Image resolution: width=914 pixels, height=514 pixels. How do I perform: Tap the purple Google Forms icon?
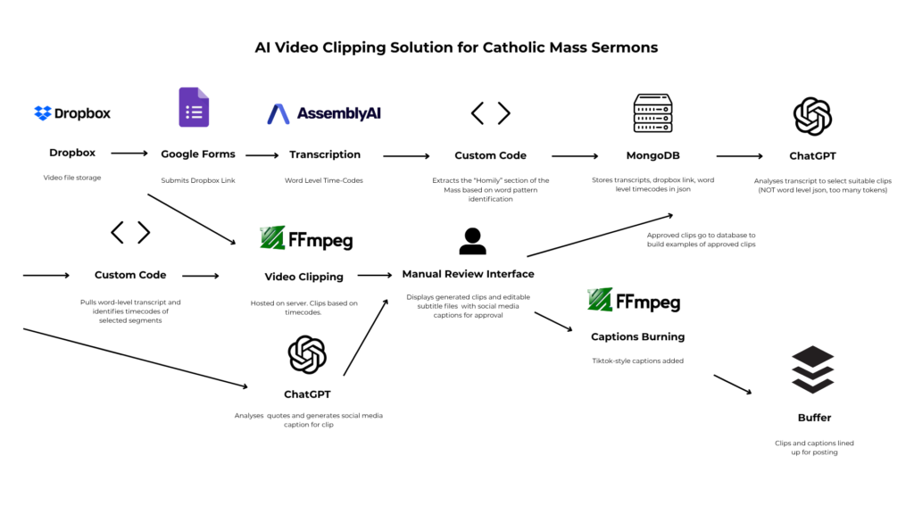pos(193,108)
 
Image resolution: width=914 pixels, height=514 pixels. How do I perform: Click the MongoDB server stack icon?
pos(652,113)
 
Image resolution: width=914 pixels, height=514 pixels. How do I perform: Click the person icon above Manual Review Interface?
pos(471,241)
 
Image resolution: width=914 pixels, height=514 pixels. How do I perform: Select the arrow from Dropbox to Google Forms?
pos(129,153)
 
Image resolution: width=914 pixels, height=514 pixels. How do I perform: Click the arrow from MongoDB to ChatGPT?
pos(739,156)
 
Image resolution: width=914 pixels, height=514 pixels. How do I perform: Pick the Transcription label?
pos(325,154)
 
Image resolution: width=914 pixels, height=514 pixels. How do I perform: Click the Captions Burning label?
pos(637,336)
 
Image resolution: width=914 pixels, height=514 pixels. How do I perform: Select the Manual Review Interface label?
pos(468,274)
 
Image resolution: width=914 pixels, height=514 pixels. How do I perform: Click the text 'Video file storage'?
pos(72,178)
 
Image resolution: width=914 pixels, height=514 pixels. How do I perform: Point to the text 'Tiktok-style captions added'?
pos(637,361)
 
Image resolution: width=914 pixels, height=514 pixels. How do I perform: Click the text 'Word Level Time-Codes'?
pos(325,180)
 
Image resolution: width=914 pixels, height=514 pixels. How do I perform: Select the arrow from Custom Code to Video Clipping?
pos(200,276)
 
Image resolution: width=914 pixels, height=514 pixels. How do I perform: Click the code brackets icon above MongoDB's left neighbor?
pos(490,113)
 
